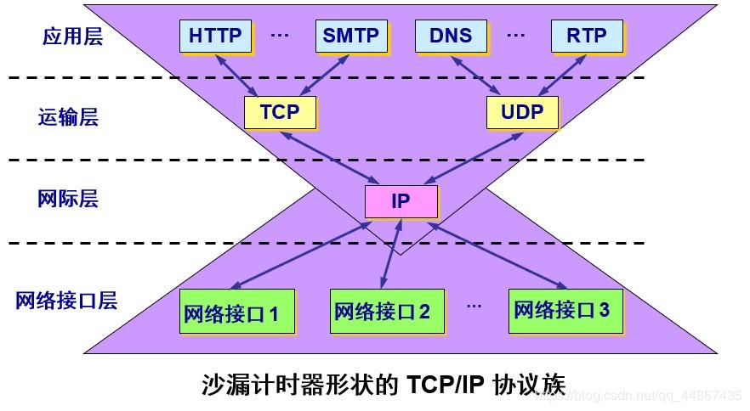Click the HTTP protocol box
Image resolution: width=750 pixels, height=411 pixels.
215,36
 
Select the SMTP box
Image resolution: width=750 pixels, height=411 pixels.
350,36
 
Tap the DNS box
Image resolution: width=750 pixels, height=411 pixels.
451,36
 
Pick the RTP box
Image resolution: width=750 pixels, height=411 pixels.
586,36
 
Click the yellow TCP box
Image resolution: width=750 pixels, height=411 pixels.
280,112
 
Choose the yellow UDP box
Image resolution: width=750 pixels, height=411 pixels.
522,112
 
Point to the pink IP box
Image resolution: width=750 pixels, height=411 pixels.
401,201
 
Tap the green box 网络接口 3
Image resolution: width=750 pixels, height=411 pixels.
561,309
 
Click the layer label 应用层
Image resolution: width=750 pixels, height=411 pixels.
72,37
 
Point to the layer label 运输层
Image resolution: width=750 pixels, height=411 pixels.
68,116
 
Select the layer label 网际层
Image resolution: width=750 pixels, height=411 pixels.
68,199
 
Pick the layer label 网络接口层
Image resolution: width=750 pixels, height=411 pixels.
66,300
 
